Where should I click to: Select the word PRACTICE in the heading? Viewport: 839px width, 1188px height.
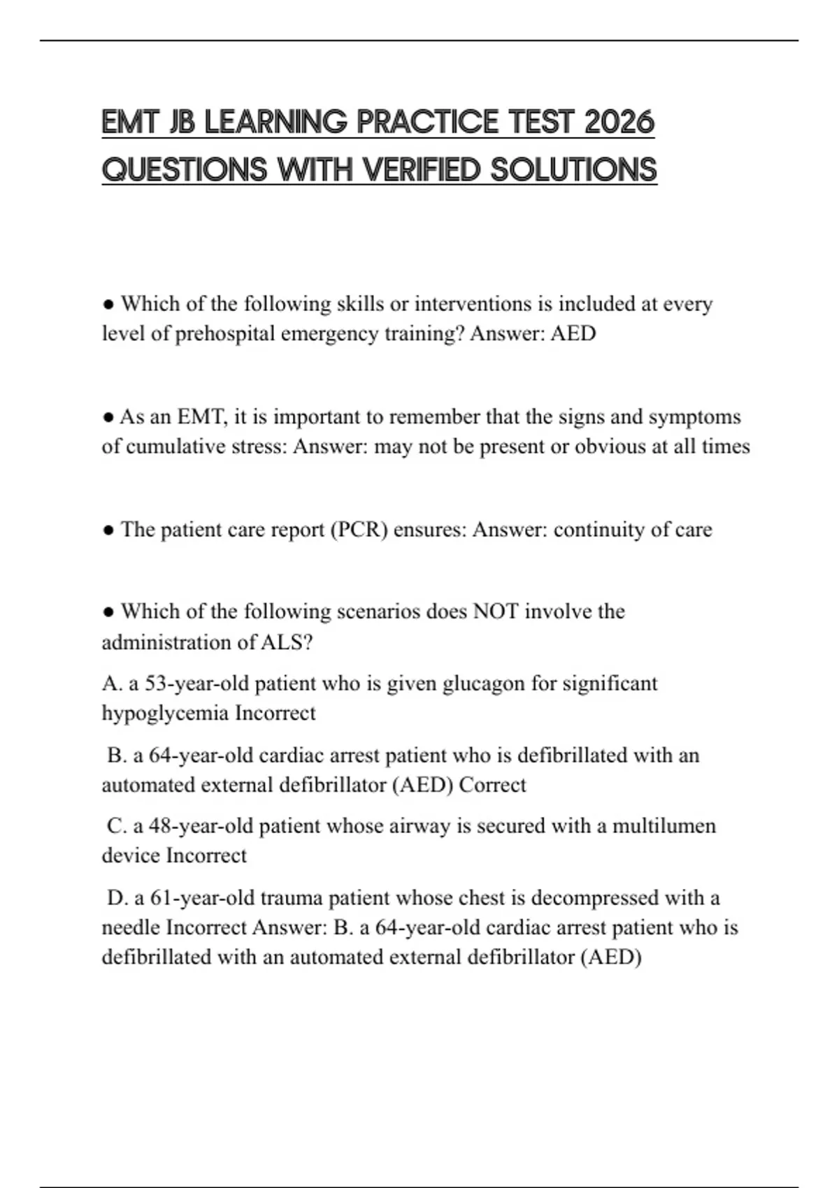(429, 122)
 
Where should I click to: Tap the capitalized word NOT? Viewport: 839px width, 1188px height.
(496, 611)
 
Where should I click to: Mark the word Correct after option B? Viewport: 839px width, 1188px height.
(493, 785)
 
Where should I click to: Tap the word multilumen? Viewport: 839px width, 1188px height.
(664, 826)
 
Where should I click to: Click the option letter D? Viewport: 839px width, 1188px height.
(115, 898)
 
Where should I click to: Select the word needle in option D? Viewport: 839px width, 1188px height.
(131, 928)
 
